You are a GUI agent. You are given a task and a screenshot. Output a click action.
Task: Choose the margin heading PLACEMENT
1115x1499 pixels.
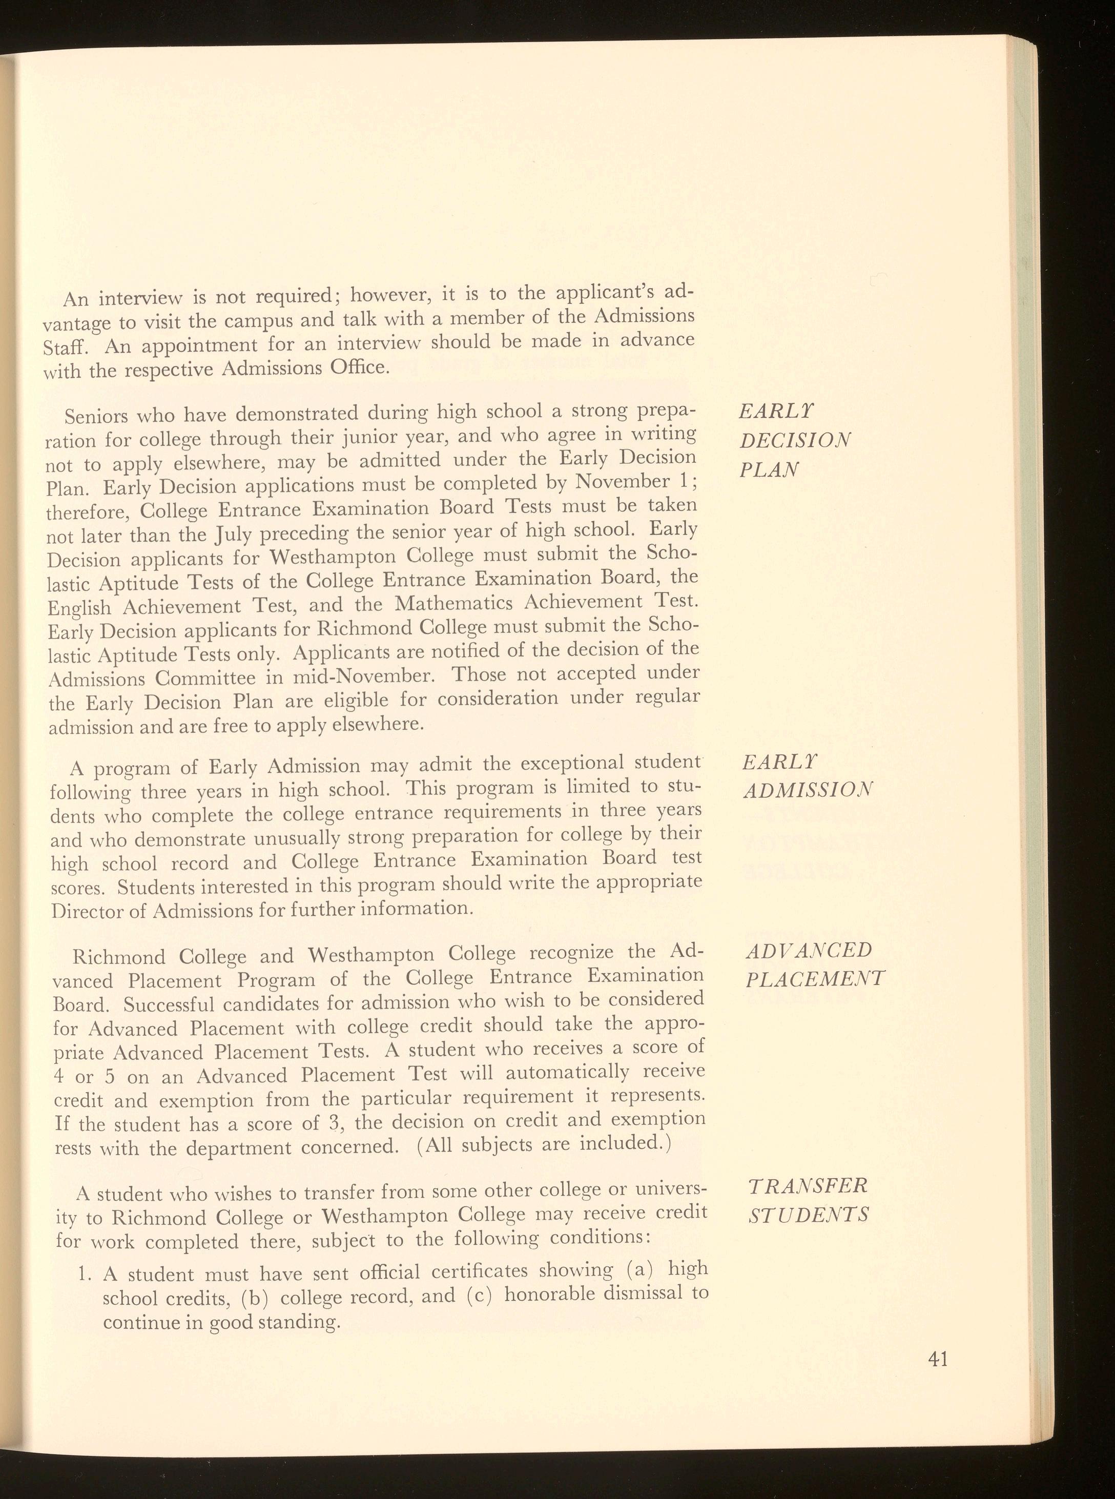(x=815, y=979)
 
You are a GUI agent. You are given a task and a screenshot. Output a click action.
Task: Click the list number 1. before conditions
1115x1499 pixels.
(x=85, y=1275)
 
